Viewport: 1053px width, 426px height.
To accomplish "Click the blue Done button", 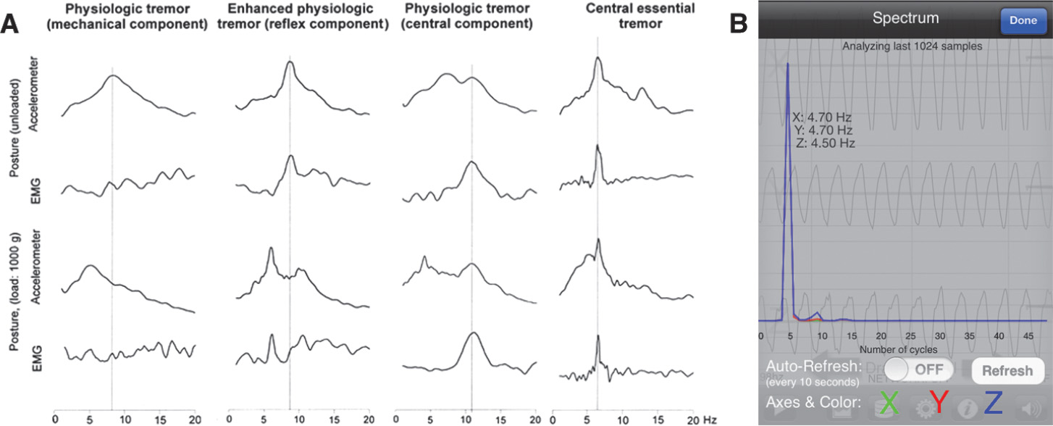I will pos(1023,20).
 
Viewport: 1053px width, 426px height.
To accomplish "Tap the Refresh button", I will pos(1007,370).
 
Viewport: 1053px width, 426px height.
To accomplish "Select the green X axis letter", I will pos(889,403).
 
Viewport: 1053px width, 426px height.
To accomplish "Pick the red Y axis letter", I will pos(940,403).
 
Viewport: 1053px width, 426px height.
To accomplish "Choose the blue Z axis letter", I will pos(993,403).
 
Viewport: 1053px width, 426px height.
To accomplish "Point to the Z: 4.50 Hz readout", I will pos(825,143).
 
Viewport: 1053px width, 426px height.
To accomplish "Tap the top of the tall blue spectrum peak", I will pos(787,64).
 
